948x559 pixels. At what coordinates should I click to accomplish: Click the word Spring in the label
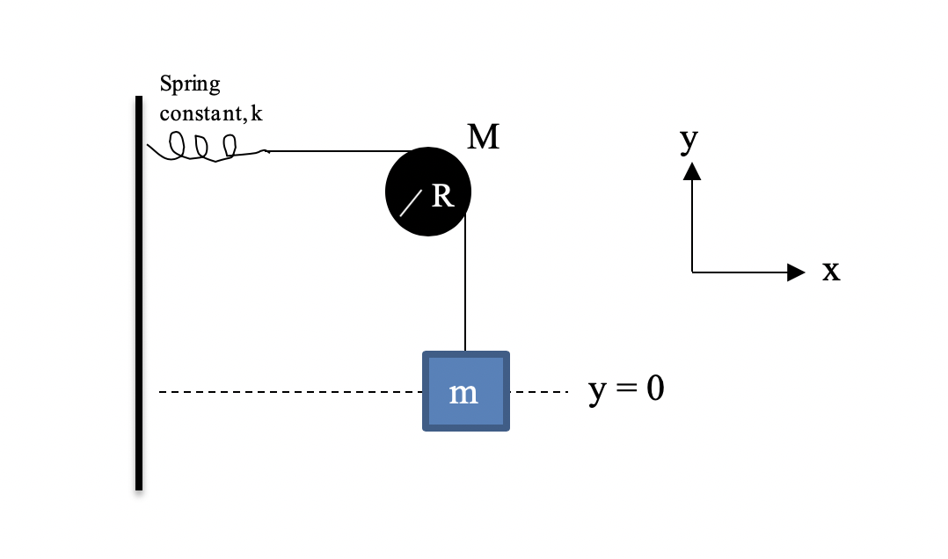(190, 85)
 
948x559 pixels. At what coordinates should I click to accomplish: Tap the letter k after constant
(256, 114)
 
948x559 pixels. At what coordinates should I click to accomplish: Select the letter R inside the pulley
(442, 197)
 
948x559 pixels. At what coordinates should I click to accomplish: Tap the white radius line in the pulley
(411, 204)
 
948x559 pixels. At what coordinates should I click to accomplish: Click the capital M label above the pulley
(483, 137)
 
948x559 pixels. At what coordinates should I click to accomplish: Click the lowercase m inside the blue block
(463, 393)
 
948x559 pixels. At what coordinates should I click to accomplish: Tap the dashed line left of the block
(290, 392)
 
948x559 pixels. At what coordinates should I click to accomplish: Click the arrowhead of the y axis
(692, 170)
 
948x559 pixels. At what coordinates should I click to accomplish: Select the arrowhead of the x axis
(795, 272)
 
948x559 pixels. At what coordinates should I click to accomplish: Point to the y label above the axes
(689, 140)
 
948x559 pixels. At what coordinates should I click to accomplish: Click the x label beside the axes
(831, 272)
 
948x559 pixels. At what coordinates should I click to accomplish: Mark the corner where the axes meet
(692, 272)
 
